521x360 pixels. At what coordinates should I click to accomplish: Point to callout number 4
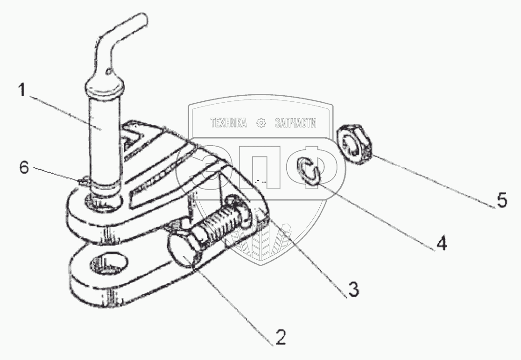tap(441, 243)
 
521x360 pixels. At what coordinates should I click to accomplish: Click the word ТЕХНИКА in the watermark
tap(228, 123)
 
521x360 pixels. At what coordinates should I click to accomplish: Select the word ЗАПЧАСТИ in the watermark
tap(296, 123)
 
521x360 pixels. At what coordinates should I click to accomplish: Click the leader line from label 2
tap(233, 299)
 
